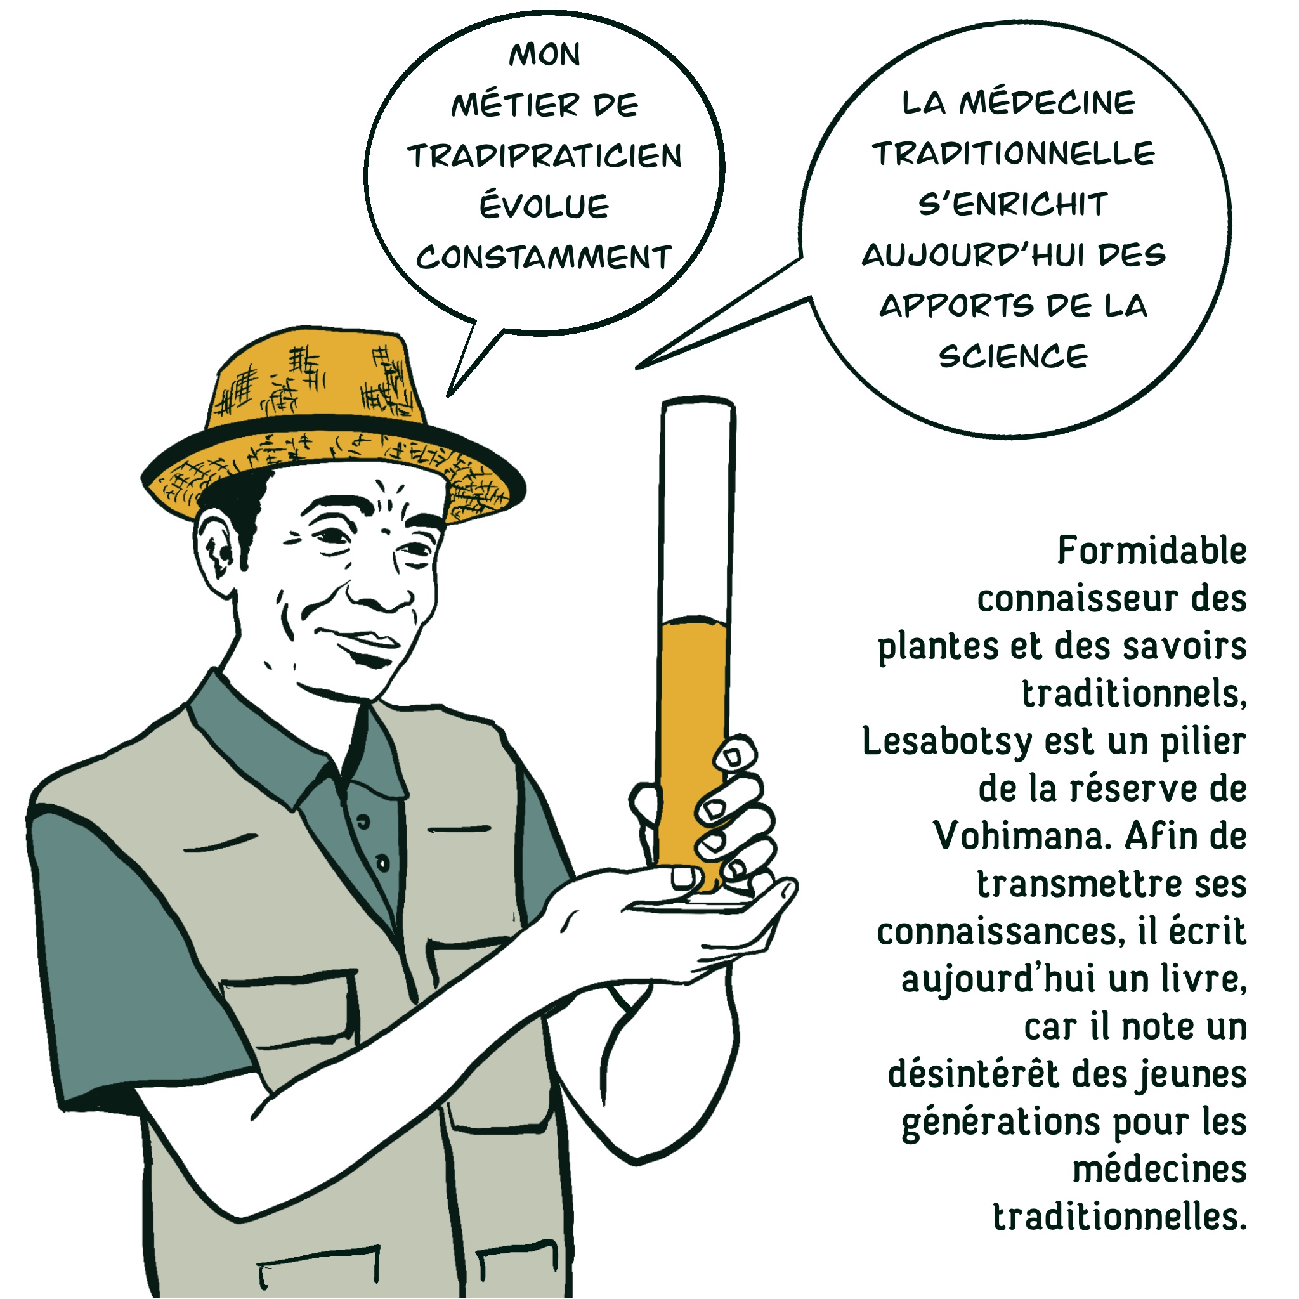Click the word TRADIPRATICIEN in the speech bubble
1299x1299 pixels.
pos(545,156)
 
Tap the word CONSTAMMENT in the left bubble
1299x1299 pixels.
pos(544,257)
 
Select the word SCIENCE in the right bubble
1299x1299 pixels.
pos(1013,356)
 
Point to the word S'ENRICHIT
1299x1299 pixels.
pos(1012,204)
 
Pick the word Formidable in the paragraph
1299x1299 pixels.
pos(1152,551)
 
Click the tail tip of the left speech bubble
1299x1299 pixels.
pos(448,396)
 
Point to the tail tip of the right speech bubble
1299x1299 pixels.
pos(637,369)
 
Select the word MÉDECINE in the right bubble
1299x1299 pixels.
pos(1047,102)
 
